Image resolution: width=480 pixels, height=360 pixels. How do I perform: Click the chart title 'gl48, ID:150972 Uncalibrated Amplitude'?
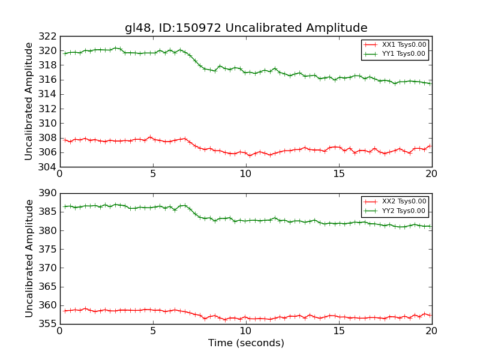pos(246,28)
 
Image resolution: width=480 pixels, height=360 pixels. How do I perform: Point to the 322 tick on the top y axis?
pos(49,37)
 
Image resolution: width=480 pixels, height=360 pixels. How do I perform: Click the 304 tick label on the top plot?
pos(49,167)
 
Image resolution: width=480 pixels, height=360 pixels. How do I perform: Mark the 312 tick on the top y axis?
pos(49,109)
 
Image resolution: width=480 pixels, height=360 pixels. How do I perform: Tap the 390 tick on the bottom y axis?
pos(49,193)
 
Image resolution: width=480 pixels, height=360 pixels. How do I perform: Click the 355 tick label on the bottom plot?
pos(49,323)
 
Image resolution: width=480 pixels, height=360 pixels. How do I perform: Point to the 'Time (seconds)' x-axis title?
pos(246,343)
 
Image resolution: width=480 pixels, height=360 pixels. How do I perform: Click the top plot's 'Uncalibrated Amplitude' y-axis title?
pos(29,101)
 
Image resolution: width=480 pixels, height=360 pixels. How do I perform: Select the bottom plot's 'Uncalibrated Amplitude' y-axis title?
pos(29,258)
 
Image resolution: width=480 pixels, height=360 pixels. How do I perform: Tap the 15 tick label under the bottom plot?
pos(339,332)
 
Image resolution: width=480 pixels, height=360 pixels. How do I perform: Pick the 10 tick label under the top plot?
pos(246,175)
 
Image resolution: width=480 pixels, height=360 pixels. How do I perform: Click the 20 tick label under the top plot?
pos(432,175)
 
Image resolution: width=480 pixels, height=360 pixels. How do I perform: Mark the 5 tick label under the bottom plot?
pos(153,332)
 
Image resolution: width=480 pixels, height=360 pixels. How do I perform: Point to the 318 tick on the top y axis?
pos(49,65)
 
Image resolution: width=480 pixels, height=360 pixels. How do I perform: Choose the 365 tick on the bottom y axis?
pos(49,286)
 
